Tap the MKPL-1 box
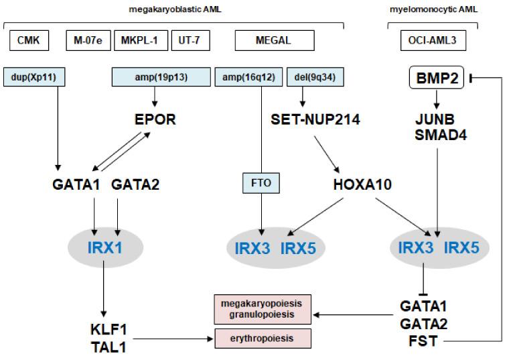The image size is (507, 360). point(141,40)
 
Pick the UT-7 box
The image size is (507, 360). point(190,40)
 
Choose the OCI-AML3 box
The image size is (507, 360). point(433,40)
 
